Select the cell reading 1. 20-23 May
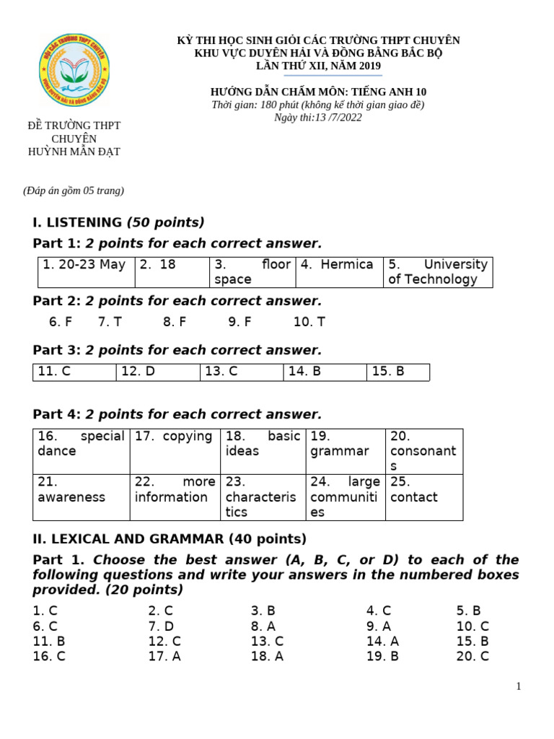[x=86, y=271]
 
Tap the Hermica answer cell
[x=338, y=271]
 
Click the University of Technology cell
[x=438, y=271]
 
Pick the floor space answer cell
[x=252, y=271]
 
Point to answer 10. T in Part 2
[x=309, y=322]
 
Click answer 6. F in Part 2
[x=61, y=322]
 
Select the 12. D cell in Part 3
[x=157, y=372]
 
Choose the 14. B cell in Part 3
[x=325, y=372]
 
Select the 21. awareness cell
[x=81, y=497]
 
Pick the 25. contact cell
[x=423, y=497]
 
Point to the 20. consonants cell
[x=423, y=450]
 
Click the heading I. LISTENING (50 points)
[x=119, y=222]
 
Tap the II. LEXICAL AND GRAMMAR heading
[x=170, y=538]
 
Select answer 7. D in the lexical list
[x=161, y=626]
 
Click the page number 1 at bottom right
[x=518, y=686]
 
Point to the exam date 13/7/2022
[x=318, y=118]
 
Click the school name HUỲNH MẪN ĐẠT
[x=74, y=152]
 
